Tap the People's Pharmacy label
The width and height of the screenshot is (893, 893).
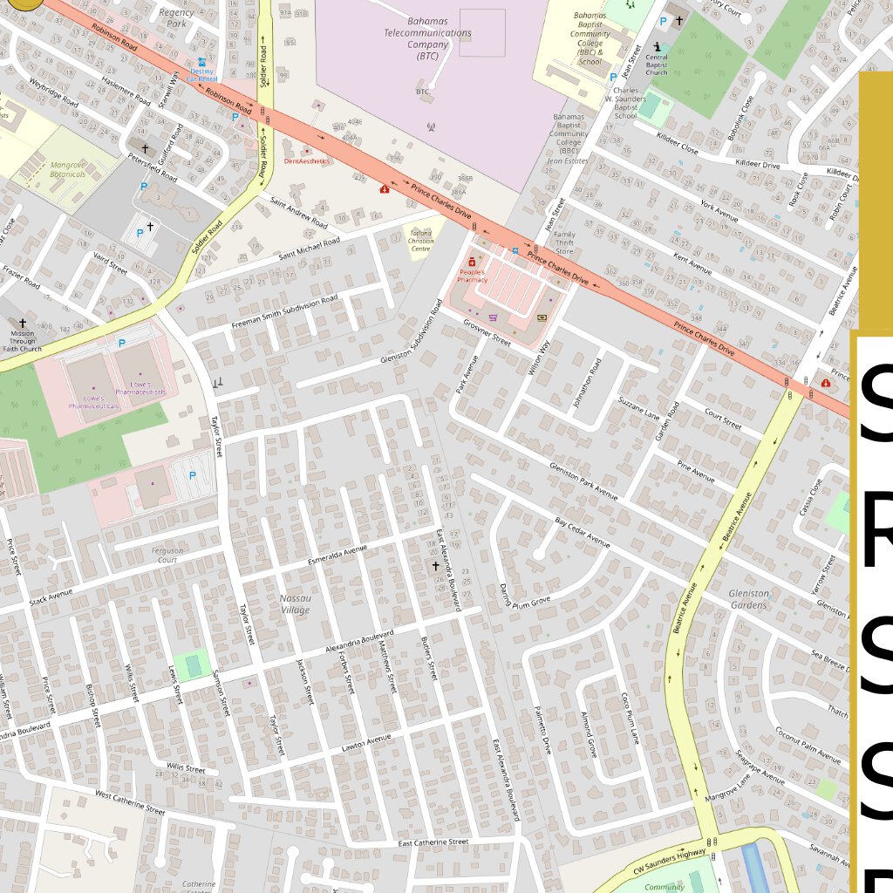pos(473,276)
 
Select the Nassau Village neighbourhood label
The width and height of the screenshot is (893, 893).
pos(295,603)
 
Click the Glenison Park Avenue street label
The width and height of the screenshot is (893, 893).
pos(583,481)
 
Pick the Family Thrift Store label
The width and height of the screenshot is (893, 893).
pos(565,242)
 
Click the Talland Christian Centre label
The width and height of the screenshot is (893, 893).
pos(419,238)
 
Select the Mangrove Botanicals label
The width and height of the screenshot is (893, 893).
pos(68,169)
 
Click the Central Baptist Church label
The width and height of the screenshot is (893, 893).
pos(657,65)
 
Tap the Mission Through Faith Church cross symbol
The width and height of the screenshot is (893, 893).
pos(23,323)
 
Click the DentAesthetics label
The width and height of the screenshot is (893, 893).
pos(306,161)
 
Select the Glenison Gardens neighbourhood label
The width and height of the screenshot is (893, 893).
pos(748,599)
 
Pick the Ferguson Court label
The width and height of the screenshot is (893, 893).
pos(167,556)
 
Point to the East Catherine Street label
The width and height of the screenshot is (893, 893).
pos(433,842)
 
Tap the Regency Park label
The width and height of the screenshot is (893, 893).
pos(177,17)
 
